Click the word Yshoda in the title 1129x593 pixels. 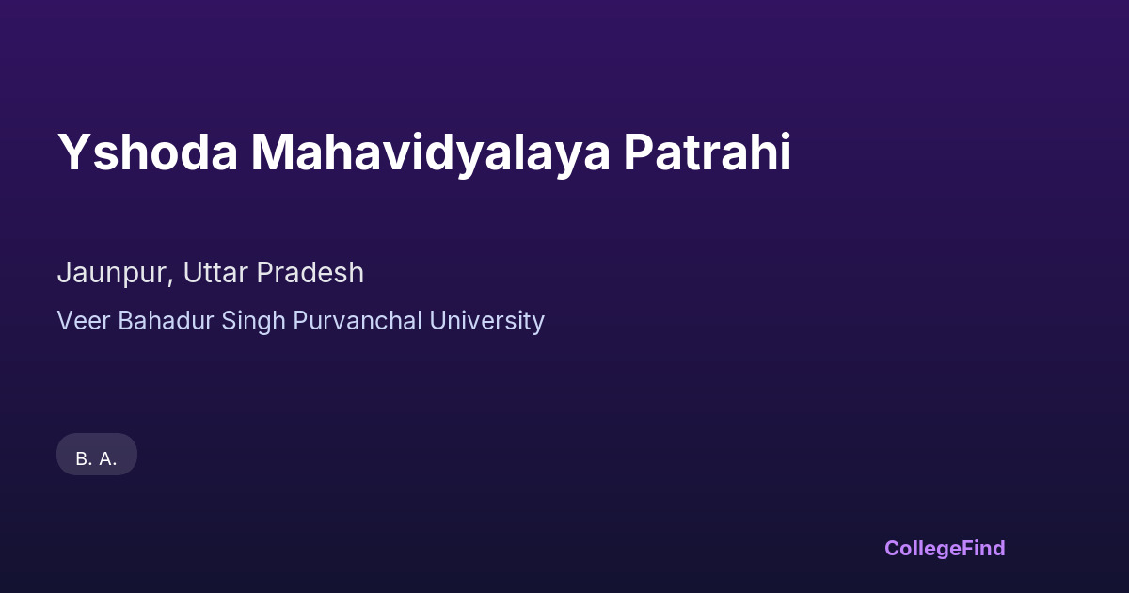pyautogui.click(x=147, y=152)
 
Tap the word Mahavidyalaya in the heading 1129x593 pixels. pyautogui.click(x=431, y=154)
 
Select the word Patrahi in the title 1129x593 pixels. pyautogui.click(x=708, y=152)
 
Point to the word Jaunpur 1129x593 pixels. pyautogui.click(x=116, y=274)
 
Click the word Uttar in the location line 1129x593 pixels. pyautogui.click(x=215, y=272)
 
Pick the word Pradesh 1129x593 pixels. pyautogui.click(x=310, y=272)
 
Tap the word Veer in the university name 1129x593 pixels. pyautogui.click(x=84, y=321)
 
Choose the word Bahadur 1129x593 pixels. pyautogui.click(x=166, y=320)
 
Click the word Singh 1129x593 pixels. pyautogui.click(x=253, y=322)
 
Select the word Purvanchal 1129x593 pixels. pyautogui.click(x=358, y=321)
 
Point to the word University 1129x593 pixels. pyautogui.click(x=487, y=322)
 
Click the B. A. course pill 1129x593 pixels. pyautogui.click(x=97, y=455)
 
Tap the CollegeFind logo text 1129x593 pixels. pyautogui.click(x=945, y=549)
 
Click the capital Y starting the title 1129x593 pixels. pyautogui.click(x=74, y=152)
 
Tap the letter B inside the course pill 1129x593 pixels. pyautogui.click(x=81, y=459)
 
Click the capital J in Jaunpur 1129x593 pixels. pyautogui.click(x=64, y=273)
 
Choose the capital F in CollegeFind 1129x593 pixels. pyautogui.click(x=967, y=548)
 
